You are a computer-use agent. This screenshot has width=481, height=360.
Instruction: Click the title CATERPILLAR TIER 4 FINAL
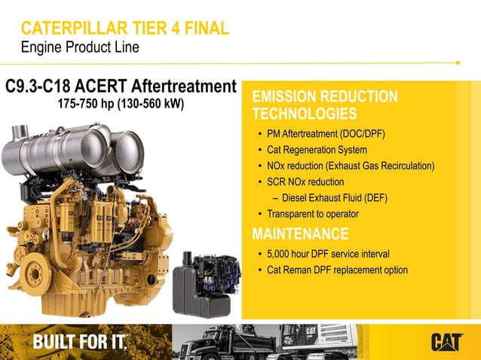tap(125, 29)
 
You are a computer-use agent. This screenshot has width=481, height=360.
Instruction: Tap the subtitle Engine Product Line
tap(80, 47)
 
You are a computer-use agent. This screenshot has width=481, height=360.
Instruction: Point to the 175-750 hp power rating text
tap(121, 103)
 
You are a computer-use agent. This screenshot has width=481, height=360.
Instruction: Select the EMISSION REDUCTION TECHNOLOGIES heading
tap(324, 105)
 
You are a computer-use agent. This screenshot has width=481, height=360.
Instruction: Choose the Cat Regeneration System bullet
tap(317, 150)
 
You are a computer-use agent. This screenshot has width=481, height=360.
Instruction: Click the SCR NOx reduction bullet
tap(305, 182)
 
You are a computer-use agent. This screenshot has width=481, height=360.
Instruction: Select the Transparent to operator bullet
tap(313, 214)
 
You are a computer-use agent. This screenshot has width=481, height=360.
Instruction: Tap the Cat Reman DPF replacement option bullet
tap(337, 270)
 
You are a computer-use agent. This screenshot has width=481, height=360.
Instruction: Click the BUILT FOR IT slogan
tap(79, 342)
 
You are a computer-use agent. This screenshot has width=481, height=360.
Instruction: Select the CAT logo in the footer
tap(446, 342)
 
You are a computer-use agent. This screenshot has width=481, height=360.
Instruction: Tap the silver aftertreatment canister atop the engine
tap(75, 151)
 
